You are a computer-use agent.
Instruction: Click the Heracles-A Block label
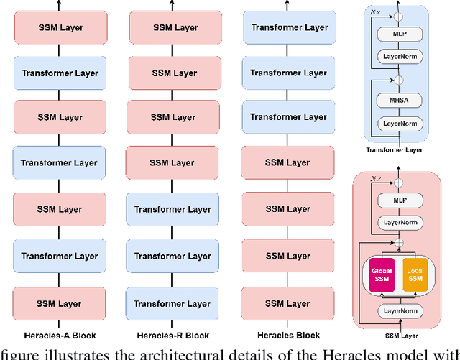point(60,335)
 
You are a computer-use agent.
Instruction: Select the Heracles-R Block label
point(173,335)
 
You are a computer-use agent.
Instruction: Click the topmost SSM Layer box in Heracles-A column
point(60,28)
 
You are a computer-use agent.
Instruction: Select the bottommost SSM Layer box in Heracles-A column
point(60,302)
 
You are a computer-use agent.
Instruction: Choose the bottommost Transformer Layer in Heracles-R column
point(173,302)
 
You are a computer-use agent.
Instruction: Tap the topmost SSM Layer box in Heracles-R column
point(173,28)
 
